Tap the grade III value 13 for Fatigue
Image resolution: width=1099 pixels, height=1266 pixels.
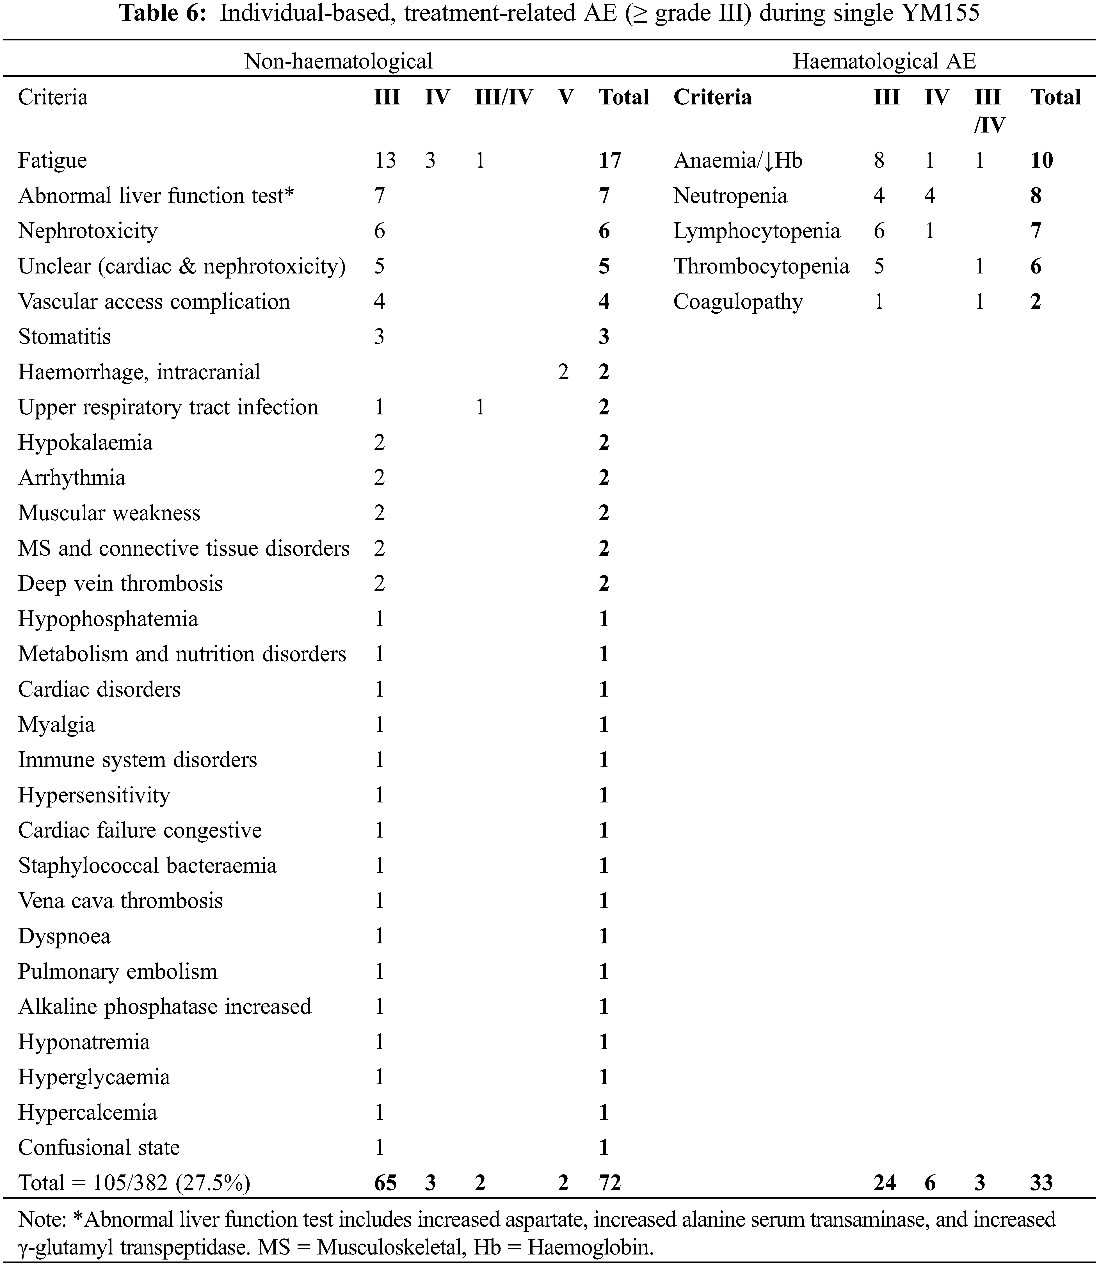pos(385,161)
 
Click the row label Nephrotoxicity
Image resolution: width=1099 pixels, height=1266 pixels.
pos(88,231)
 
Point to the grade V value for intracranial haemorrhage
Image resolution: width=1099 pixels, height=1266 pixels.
pos(563,372)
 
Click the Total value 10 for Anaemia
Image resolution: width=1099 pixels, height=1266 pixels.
pos(1041,161)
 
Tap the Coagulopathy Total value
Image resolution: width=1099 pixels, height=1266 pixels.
pos(1036,302)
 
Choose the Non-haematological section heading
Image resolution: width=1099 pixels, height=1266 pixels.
pos(339,61)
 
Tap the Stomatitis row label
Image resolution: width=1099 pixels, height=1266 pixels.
pos(64,337)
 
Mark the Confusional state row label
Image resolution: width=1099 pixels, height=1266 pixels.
pos(99,1148)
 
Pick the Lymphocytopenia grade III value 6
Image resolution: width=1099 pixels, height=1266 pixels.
pos(879,231)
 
